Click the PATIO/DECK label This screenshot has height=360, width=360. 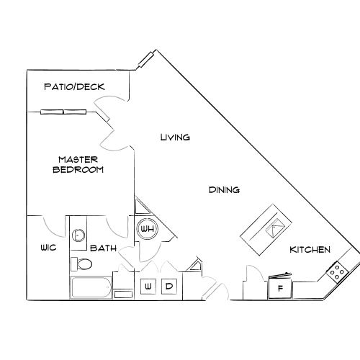[74, 87]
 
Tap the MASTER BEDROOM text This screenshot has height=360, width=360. [78, 165]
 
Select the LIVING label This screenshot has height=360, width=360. [175, 137]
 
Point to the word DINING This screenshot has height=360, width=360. [224, 190]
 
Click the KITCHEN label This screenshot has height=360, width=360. [310, 250]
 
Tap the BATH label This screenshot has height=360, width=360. [104, 248]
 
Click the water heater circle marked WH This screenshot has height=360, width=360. [148, 230]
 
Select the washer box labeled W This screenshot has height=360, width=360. [149, 287]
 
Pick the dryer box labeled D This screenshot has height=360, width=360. [170, 287]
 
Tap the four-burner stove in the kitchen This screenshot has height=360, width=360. [336, 271]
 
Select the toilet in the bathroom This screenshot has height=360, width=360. [83, 264]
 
